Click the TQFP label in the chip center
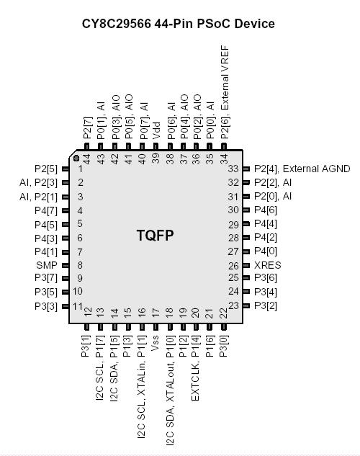point(156,236)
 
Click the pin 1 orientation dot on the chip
point(77,158)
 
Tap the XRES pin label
point(268,265)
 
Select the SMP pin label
point(46,265)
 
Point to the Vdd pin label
point(157,130)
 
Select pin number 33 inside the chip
point(233,169)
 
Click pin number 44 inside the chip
point(86,158)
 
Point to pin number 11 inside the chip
point(78,305)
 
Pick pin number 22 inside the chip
point(224,312)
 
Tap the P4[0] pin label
point(266,251)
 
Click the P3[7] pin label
point(46,278)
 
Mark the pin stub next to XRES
point(246,265)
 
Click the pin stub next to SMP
point(65,265)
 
